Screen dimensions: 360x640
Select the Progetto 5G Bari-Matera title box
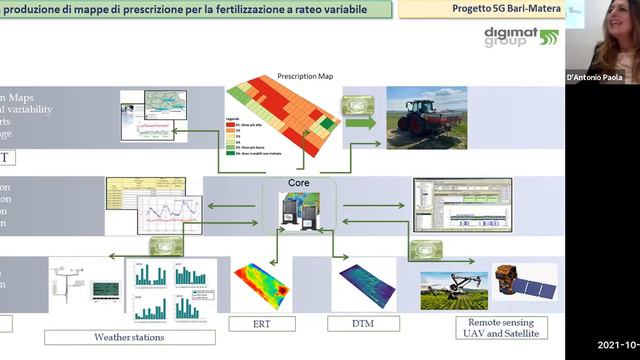pyautogui.click(x=480, y=10)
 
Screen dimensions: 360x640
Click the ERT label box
pyautogui.click(x=262, y=323)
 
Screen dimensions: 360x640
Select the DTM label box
pyautogui.click(x=363, y=323)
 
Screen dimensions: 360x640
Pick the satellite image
pyautogui.click(x=523, y=284)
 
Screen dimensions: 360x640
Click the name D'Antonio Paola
pyautogui.click(x=601, y=76)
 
